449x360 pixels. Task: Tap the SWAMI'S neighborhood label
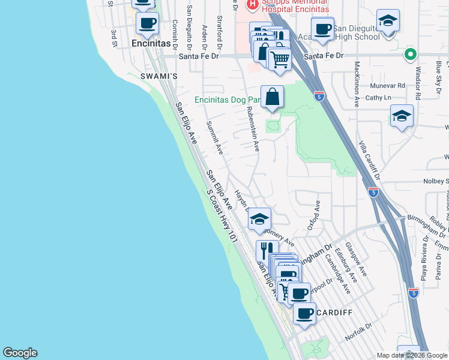click(x=158, y=76)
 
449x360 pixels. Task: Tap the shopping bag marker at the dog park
click(x=272, y=96)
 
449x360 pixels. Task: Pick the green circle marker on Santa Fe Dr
click(x=411, y=55)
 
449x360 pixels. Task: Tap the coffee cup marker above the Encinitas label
click(x=147, y=23)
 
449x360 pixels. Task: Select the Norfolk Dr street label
click(x=358, y=331)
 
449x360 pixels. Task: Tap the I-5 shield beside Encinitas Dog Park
click(x=319, y=95)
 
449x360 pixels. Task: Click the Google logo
click(x=20, y=353)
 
